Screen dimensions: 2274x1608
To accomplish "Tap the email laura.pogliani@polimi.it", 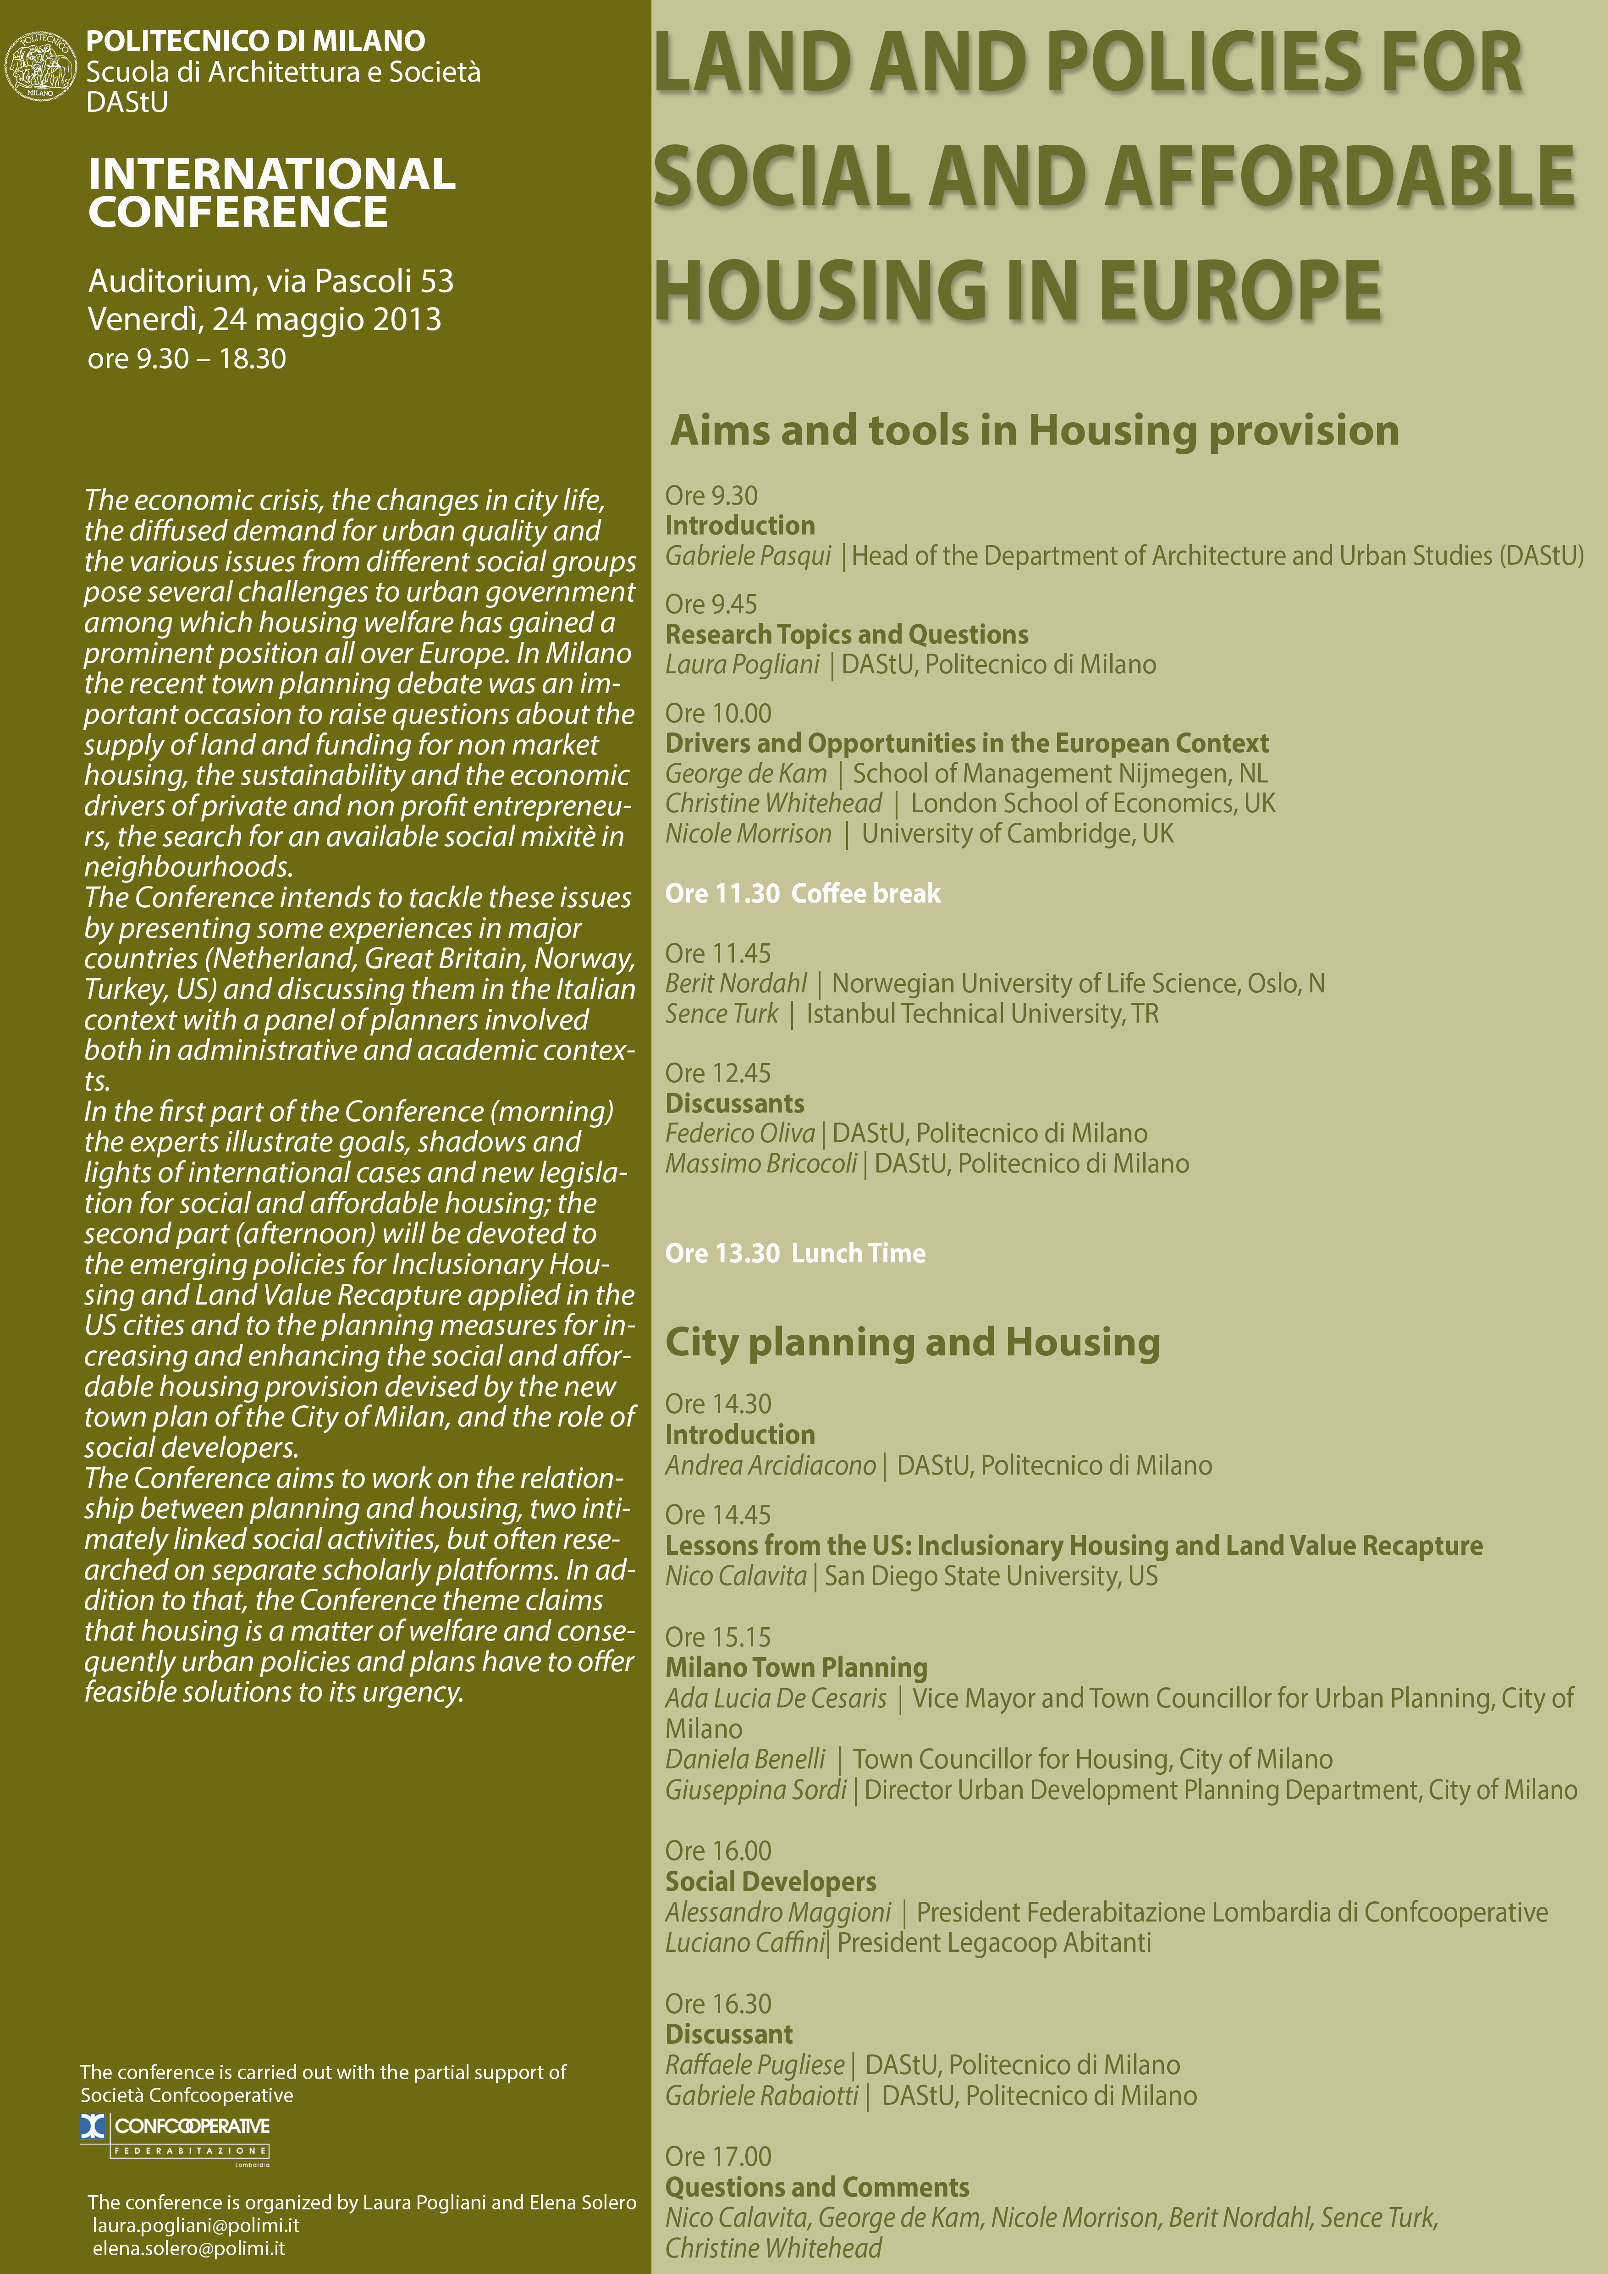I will point(196,2225).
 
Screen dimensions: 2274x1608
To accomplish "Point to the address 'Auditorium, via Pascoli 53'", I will point(270,281).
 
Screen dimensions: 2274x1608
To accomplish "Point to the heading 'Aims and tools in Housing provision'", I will point(1035,430).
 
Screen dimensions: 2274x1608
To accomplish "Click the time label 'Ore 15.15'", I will point(718,1637).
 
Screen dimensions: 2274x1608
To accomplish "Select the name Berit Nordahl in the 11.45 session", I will point(736,984).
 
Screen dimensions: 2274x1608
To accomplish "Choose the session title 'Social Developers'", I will point(771,1882).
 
